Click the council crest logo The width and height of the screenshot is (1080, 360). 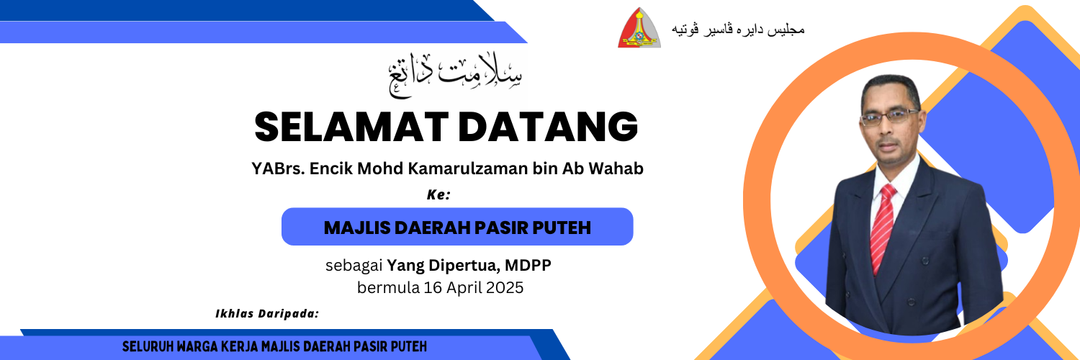(x=639, y=27)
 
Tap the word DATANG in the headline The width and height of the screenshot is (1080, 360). (x=548, y=127)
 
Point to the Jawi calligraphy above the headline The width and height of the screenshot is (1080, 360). (x=455, y=76)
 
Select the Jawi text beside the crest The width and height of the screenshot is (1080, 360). (x=738, y=30)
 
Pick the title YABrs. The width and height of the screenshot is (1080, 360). (x=278, y=168)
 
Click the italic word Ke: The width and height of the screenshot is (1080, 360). (x=438, y=194)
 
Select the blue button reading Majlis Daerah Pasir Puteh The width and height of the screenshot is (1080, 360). (x=457, y=227)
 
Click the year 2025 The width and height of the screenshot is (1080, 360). (x=505, y=288)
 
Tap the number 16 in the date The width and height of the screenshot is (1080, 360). (x=433, y=288)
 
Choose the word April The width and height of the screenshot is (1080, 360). (x=464, y=289)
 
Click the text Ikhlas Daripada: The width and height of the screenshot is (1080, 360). (x=267, y=314)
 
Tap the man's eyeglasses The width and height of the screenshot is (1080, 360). (x=889, y=117)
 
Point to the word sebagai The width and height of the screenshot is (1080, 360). (x=354, y=266)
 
